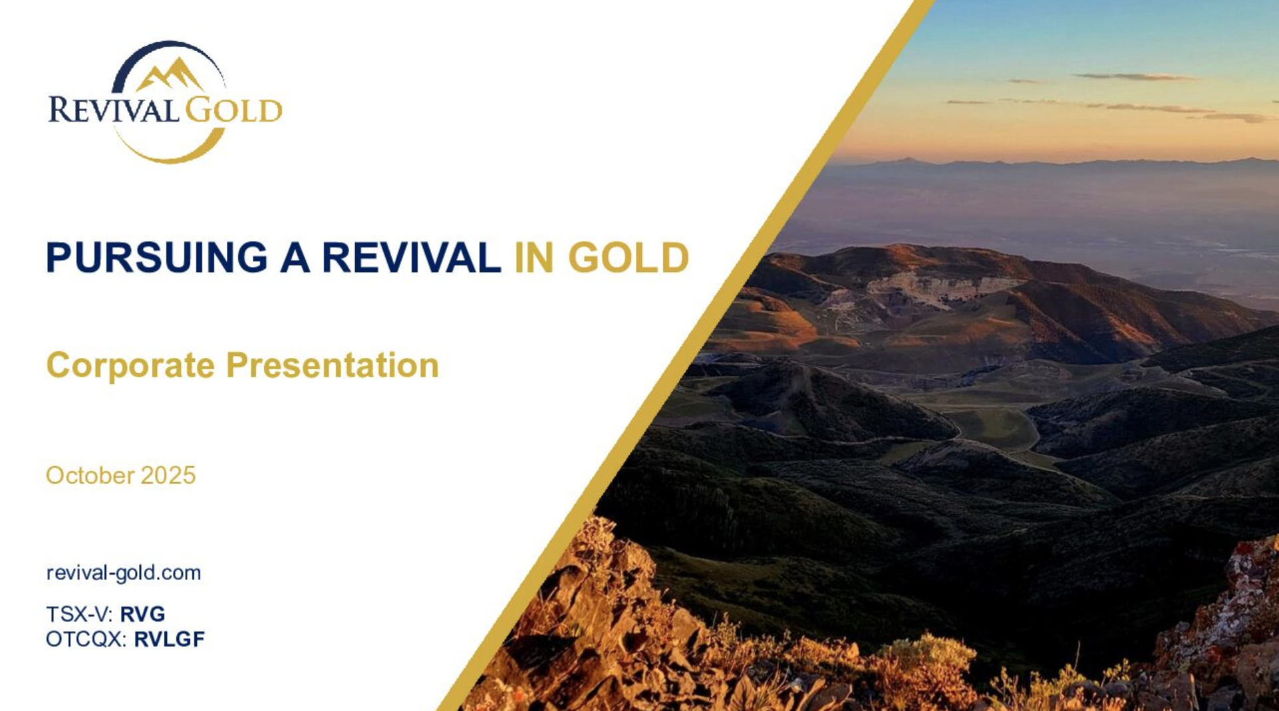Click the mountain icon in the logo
[170, 74]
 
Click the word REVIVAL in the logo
[114, 110]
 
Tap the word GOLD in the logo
[233, 110]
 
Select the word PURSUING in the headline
[156, 257]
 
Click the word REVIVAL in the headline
[411, 257]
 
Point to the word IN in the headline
[534, 257]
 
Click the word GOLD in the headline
[629, 257]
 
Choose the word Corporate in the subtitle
[130, 365]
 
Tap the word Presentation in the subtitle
[333, 365]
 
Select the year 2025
[168, 475]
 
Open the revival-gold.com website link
[124, 573]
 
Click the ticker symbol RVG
[142, 614]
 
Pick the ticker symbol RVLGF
[170, 639]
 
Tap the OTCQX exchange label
[86, 639]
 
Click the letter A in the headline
[295, 257]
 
